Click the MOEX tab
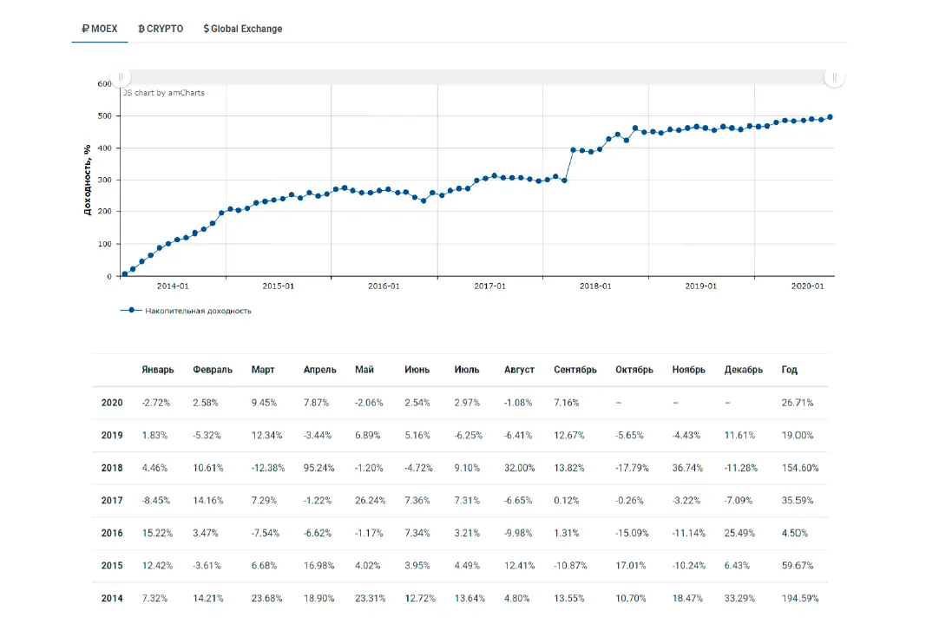[x=99, y=29]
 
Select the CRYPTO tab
[x=161, y=29]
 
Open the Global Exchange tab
[x=243, y=29]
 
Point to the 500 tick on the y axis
[x=104, y=115]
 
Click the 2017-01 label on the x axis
[x=489, y=286]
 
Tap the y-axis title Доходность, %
[x=88, y=180]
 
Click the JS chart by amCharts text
[x=163, y=93]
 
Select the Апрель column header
[x=319, y=370]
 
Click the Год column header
[x=789, y=370]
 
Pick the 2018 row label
[x=112, y=468]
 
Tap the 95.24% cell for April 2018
[x=319, y=468]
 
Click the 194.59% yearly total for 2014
[x=800, y=599]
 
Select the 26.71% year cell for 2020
[x=798, y=403]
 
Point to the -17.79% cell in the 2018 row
[x=632, y=468]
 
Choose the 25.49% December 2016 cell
[x=739, y=533]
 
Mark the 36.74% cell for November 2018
[x=687, y=468]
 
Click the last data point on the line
[x=831, y=117]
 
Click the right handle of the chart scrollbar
[x=835, y=77]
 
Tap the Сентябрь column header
[x=575, y=370]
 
